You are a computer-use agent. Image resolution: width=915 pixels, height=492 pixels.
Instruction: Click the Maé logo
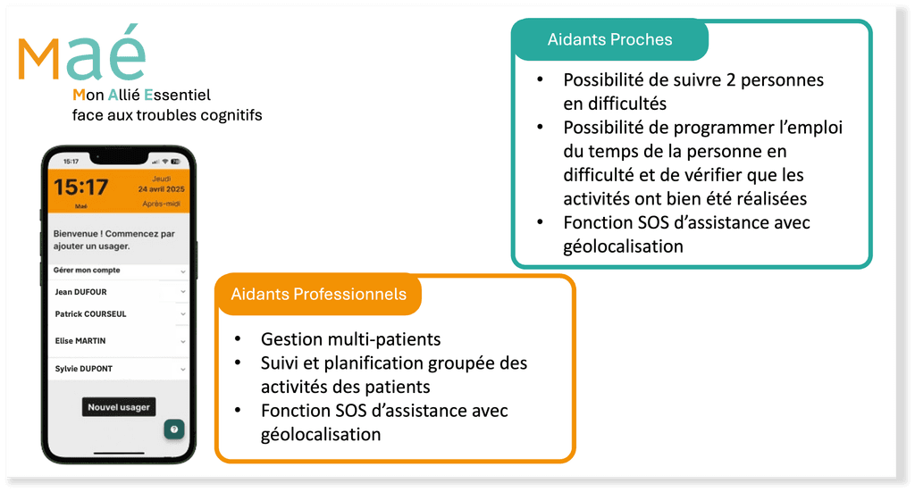[81, 55]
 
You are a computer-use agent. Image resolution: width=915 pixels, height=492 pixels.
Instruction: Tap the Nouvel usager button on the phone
[119, 407]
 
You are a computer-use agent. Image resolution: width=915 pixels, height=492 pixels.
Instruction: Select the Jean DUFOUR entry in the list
[80, 291]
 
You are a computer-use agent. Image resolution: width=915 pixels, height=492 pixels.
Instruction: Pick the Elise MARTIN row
[80, 340]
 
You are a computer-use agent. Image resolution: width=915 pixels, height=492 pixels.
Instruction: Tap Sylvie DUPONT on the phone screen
[84, 369]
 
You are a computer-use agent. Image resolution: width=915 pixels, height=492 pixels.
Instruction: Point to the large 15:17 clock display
[80, 188]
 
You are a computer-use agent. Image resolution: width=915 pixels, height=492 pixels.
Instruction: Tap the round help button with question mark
[173, 429]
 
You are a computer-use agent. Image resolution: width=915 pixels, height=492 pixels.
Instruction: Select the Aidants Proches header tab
[609, 39]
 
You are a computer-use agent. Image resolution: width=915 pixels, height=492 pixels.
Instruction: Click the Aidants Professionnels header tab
[318, 294]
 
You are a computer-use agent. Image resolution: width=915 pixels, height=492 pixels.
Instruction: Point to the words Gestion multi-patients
[350, 339]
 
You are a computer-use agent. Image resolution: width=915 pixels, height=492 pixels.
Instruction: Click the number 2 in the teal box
[732, 79]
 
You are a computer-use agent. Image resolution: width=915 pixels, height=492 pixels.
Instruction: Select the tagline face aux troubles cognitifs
[167, 115]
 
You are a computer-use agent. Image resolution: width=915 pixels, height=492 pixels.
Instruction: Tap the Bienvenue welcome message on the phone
[114, 239]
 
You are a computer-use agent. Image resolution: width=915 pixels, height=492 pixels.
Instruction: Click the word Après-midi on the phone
[161, 204]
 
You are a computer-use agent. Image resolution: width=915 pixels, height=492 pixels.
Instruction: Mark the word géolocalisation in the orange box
[321, 435]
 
